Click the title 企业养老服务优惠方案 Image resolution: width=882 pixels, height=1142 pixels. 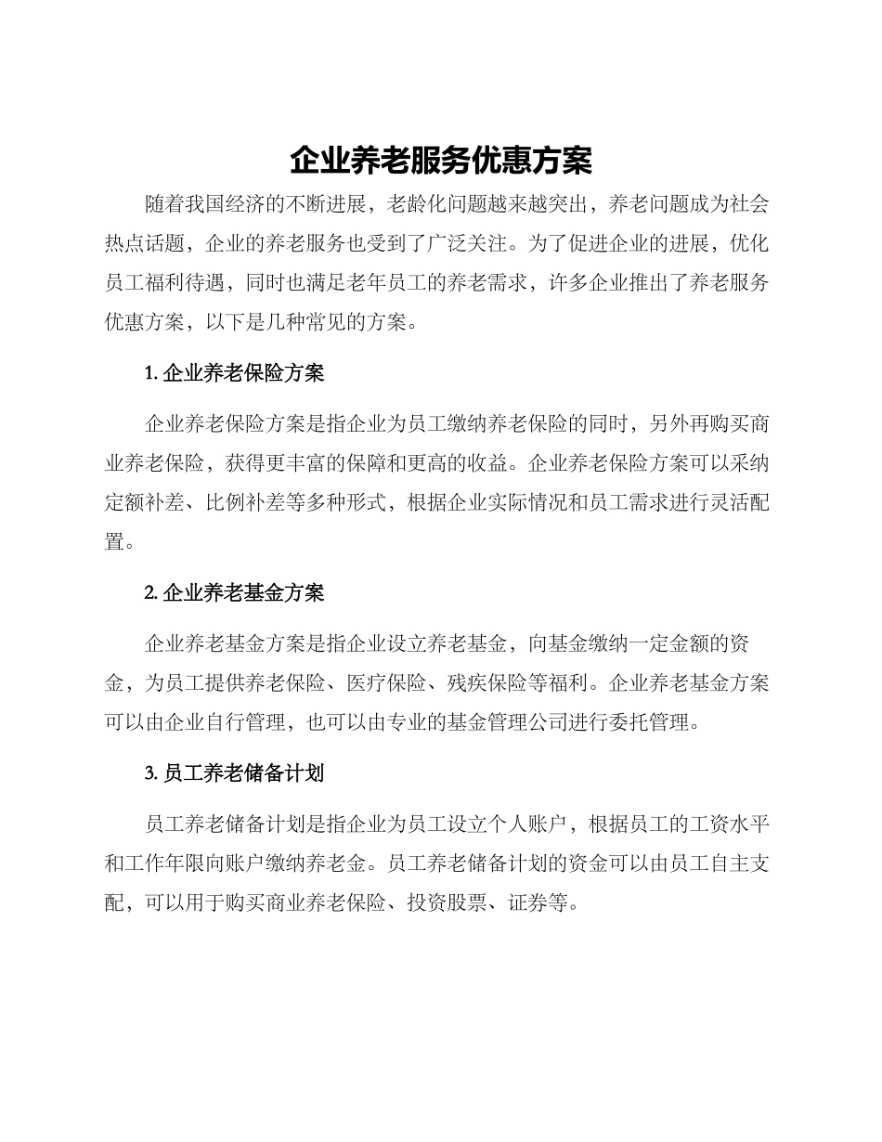[440, 161]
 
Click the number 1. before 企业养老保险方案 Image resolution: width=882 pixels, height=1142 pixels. [152, 374]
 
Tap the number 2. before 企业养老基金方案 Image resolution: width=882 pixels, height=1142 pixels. [152, 592]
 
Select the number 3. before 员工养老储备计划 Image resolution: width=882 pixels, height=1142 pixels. [152, 772]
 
